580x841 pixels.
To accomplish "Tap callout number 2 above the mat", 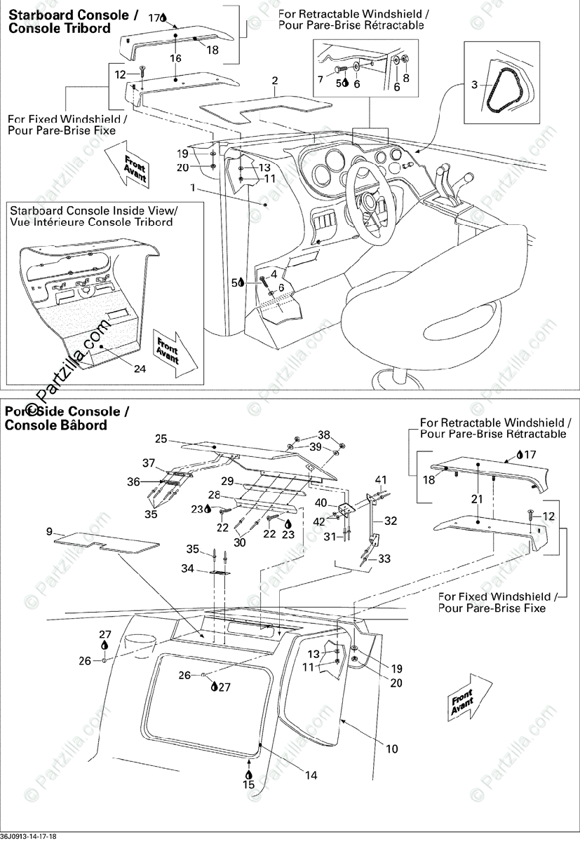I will coord(275,81).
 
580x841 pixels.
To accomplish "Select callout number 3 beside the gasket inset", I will coord(474,86).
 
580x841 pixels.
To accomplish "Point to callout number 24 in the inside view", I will coord(140,369).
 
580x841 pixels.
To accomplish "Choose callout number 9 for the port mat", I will coord(49,532).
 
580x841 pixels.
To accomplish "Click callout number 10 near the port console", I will coord(391,749).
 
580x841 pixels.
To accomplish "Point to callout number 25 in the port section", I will coord(161,439).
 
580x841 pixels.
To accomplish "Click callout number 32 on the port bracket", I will coord(391,521).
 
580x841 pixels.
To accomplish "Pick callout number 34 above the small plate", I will coord(187,568).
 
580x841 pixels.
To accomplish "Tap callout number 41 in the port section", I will coord(380,480).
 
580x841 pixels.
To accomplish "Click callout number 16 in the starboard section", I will coord(175,58).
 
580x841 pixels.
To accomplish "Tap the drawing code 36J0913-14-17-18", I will coord(29,835).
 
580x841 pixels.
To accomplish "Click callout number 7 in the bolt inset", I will coord(321,80).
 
